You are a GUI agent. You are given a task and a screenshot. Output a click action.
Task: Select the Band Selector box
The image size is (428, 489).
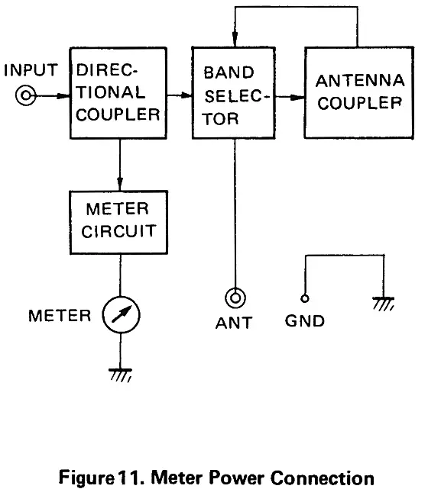tap(237, 92)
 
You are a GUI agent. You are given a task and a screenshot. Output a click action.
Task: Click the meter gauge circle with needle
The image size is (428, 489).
tap(122, 314)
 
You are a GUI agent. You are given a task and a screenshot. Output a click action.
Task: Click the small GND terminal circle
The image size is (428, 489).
tap(305, 298)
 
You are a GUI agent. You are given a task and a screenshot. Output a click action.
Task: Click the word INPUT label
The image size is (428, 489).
tap(30, 70)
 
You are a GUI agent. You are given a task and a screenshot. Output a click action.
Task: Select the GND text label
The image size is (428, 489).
tap(304, 321)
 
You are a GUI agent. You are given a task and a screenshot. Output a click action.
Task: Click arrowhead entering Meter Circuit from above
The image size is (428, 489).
tap(119, 185)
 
